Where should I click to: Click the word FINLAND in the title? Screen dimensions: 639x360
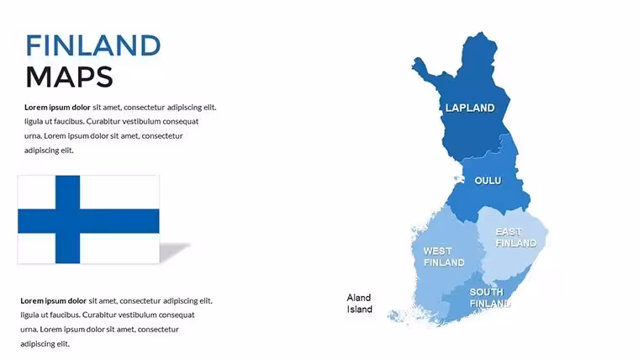[93, 45]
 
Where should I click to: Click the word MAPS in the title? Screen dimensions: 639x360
[69, 77]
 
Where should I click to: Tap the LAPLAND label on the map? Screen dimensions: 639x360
[470, 108]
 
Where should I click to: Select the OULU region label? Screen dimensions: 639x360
[488, 180]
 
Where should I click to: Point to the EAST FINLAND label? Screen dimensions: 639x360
[516, 237]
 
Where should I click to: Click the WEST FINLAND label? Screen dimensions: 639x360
[444, 257]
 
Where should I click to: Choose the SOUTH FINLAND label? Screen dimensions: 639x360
[490, 298]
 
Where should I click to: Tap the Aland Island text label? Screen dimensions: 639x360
[360, 304]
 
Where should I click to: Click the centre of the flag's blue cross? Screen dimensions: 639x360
[67, 221]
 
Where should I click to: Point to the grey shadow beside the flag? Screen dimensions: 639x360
[173, 251]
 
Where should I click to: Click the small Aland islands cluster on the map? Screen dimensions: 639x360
[394, 316]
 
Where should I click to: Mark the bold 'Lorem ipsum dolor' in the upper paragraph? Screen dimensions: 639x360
[57, 107]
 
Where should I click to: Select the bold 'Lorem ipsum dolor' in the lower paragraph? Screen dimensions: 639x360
[53, 301]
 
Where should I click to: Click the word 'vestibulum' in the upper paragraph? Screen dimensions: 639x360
[141, 121]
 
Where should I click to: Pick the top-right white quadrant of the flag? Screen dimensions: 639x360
[119, 193]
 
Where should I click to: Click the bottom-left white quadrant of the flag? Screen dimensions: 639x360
[37, 248]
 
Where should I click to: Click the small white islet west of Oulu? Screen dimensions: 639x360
[459, 179]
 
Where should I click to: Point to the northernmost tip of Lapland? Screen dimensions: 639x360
[481, 33]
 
